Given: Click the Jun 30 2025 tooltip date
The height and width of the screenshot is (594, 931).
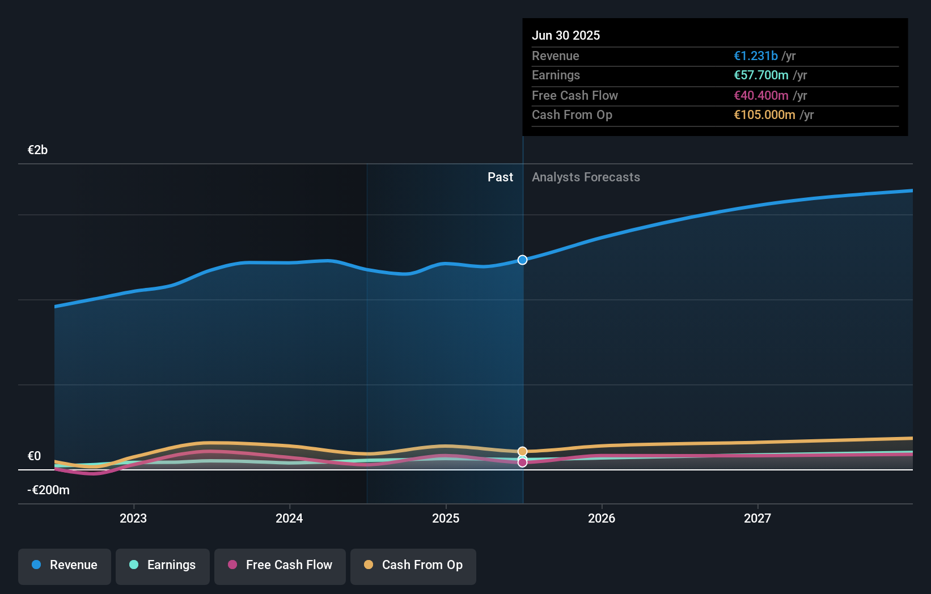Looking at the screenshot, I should pyautogui.click(x=565, y=35).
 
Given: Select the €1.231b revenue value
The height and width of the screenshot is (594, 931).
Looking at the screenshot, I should pyautogui.click(x=755, y=56).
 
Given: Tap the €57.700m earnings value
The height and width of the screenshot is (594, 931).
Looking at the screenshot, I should pyautogui.click(x=761, y=75).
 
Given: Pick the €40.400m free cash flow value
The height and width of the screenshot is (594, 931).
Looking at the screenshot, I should pyautogui.click(x=761, y=95).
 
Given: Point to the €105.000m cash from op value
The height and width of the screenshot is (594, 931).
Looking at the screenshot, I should pyautogui.click(x=764, y=115).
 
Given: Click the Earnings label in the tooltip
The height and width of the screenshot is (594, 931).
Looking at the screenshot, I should pyautogui.click(x=556, y=75).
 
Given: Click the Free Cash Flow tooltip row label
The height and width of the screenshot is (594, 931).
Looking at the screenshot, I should pyautogui.click(x=574, y=95).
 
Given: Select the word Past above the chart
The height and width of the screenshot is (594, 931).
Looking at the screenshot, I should pyautogui.click(x=500, y=177).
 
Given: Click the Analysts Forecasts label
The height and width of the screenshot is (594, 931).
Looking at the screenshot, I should pyautogui.click(x=586, y=177).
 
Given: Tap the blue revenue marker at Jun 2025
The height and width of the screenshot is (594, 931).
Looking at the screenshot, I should pyautogui.click(x=522, y=260).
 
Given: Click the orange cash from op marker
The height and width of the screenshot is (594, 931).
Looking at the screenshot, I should pyautogui.click(x=522, y=452).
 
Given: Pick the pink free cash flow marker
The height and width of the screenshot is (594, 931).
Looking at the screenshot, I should pyautogui.click(x=522, y=463).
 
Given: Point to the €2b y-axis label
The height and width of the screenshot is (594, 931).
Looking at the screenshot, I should pyautogui.click(x=37, y=150).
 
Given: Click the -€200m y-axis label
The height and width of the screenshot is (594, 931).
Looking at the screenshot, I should pyautogui.click(x=48, y=490).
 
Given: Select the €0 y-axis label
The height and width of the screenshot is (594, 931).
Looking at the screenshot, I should pyautogui.click(x=34, y=456).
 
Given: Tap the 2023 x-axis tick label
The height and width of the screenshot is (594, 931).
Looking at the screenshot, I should pyautogui.click(x=133, y=518).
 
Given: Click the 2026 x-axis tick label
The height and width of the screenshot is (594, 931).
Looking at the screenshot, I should pyautogui.click(x=602, y=518).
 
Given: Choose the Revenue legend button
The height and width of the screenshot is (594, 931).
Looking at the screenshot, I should pyautogui.click(x=65, y=565).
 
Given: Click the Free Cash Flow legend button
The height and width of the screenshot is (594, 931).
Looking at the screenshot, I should pyautogui.click(x=280, y=565).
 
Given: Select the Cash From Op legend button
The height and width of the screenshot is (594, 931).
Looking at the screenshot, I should pyautogui.click(x=413, y=565).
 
